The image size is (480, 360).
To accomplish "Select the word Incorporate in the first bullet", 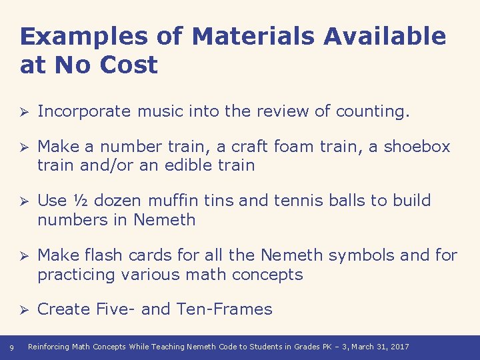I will (85, 111).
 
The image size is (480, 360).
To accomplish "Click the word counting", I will (373, 111).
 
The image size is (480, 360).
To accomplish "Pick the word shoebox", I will (419, 147).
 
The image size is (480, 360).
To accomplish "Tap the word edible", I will (198, 165).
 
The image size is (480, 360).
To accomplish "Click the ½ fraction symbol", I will (78, 201).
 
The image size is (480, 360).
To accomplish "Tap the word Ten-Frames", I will (225, 309).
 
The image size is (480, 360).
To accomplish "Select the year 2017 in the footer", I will (399, 347).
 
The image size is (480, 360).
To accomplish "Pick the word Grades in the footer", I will (306, 347).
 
